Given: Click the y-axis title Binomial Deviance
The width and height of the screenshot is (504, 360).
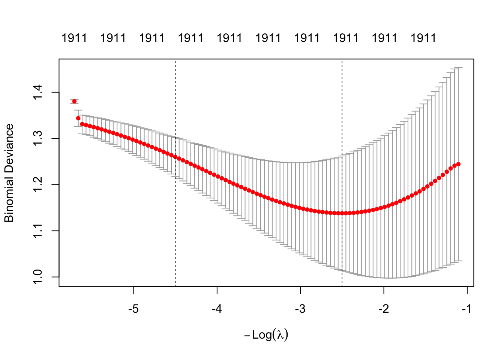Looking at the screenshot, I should pyautogui.click(x=9, y=173).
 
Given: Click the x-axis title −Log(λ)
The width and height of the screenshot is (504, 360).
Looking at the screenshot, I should pyautogui.click(x=266, y=334).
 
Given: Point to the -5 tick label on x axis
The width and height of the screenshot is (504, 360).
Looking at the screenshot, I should pyautogui.click(x=133, y=309).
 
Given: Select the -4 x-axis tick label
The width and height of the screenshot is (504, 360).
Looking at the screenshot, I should pyautogui.click(x=217, y=309).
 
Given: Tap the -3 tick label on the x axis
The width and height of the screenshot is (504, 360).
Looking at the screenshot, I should pyautogui.click(x=300, y=309).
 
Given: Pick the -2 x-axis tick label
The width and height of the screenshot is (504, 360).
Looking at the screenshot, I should pyautogui.click(x=384, y=309).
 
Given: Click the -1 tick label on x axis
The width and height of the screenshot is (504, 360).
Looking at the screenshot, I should pyautogui.click(x=467, y=309).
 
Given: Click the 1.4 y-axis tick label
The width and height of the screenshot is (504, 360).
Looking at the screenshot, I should pyautogui.click(x=38, y=92).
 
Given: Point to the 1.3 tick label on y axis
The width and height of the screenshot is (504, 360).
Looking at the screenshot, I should pyautogui.click(x=38, y=138).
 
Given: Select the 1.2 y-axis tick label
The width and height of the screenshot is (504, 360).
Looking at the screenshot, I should pyautogui.click(x=38, y=184).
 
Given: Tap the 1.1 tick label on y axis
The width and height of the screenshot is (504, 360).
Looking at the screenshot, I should pyautogui.click(x=38, y=231).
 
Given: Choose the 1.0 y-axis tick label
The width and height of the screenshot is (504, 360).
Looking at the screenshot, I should pyautogui.click(x=38, y=277).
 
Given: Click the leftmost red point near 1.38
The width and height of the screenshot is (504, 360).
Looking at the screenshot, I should pyautogui.click(x=74, y=101).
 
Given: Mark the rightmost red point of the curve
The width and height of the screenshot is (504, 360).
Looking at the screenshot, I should pyautogui.click(x=458, y=164).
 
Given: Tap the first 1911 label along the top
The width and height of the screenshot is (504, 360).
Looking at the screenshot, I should pyautogui.click(x=74, y=38).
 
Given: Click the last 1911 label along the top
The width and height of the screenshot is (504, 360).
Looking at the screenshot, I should pyautogui.click(x=423, y=38).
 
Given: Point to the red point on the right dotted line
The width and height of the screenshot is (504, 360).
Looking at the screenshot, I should pyautogui.click(x=342, y=213).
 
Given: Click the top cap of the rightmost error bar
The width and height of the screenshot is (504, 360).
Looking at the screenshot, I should pyautogui.click(x=458, y=67).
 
